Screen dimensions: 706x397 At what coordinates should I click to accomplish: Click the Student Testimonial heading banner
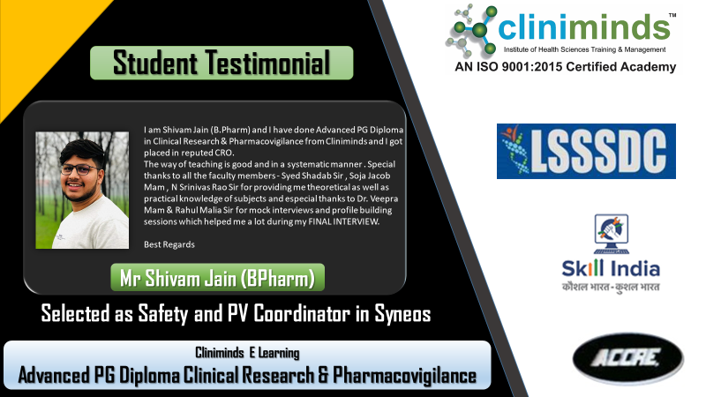point(222,63)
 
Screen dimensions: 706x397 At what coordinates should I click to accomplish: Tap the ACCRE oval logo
point(627,359)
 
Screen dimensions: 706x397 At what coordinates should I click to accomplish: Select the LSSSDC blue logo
point(586,151)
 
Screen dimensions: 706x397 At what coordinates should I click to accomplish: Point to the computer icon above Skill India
point(611,234)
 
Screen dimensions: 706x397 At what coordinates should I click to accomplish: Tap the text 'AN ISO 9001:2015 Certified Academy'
point(565,67)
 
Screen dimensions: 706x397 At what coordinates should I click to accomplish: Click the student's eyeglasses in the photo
point(80,169)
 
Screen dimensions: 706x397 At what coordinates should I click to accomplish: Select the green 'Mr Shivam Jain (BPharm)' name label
point(217,277)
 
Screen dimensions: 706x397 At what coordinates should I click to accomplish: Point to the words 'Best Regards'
point(169,244)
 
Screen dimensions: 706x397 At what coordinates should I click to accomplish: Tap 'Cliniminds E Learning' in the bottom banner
point(247,352)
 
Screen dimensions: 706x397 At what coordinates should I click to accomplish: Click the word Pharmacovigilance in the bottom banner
point(404,375)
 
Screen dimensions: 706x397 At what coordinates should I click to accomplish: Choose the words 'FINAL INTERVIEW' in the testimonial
point(343,221)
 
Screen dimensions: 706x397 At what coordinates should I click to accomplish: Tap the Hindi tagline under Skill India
point(611,287)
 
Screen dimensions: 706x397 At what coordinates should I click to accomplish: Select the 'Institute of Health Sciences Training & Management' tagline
point(584,49)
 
